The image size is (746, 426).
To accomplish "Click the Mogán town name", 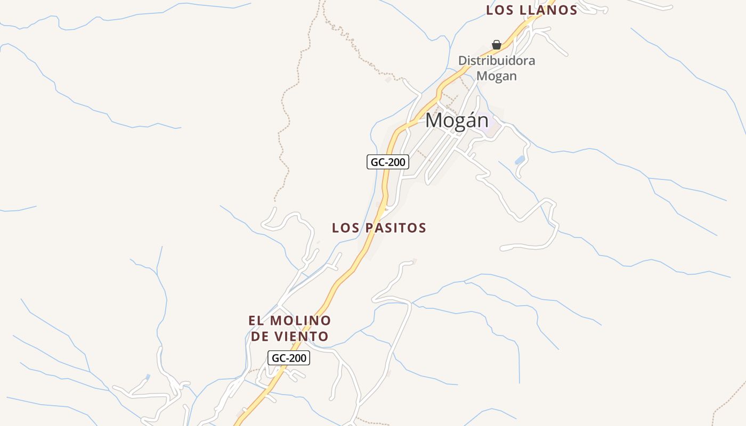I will coord(457,121).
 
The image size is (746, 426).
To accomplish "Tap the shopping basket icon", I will coord(497,45).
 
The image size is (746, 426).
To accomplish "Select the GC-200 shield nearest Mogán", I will coord(388,162).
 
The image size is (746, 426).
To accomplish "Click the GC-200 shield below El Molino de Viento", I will coord(289,358).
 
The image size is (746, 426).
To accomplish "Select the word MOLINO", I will coord(301,321).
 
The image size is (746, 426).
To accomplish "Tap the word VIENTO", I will coord(305,337).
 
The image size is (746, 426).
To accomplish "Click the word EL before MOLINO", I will coord(256,321).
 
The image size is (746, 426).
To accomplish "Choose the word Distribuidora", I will coord(497,61).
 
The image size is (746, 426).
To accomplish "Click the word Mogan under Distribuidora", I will coord(497,76).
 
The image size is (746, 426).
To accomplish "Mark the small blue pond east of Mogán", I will coord(520,160).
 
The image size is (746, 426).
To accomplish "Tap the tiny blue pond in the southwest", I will coord(148,377).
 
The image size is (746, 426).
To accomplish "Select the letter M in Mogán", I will coord(434,121).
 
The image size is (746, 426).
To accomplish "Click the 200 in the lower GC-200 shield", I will coord(297,358).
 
